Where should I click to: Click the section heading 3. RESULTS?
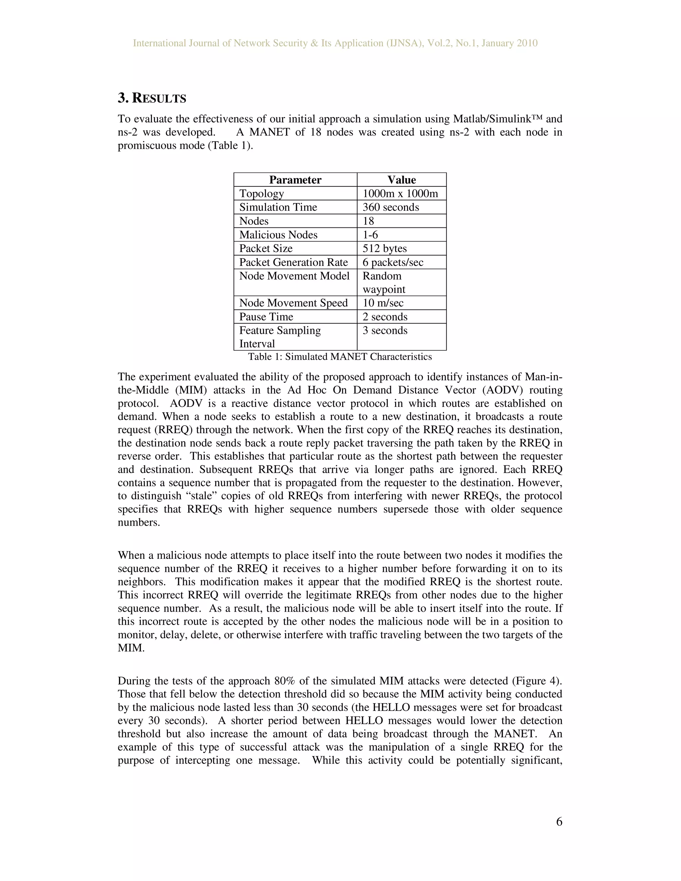pyautogui.click(x=152, y=98)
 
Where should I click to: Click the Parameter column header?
pyautogui.click(x=295, y=180)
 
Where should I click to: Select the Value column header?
pyautogui.click(x=401, y=180)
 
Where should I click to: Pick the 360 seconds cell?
pyautogui.click(x=390, y=207)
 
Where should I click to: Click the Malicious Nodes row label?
pyautogui.click(x=278, y=235)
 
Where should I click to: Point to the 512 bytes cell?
pyautogui.click(x=384, y=248)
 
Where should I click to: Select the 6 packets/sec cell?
pyautogui.click(x=393, y=262)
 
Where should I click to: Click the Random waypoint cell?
pyautogui.click(x=384, y=282)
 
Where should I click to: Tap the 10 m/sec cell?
pyautogui.click(x=383, y=303)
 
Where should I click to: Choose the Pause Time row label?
pyautogui.click(x=266, y=316)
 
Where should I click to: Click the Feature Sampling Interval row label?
pyautogui.click(x=280, y=337)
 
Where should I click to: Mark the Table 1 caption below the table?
pyautogui.click(x=340, y=357)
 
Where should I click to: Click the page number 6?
pyautogui.click(x=559, y=822)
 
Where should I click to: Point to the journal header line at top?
pyautogui.click(x=335, y=43)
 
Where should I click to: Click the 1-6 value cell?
pyautogui.click(x=370, y=235)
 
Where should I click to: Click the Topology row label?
pyautogui.click(x=261, y=193)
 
